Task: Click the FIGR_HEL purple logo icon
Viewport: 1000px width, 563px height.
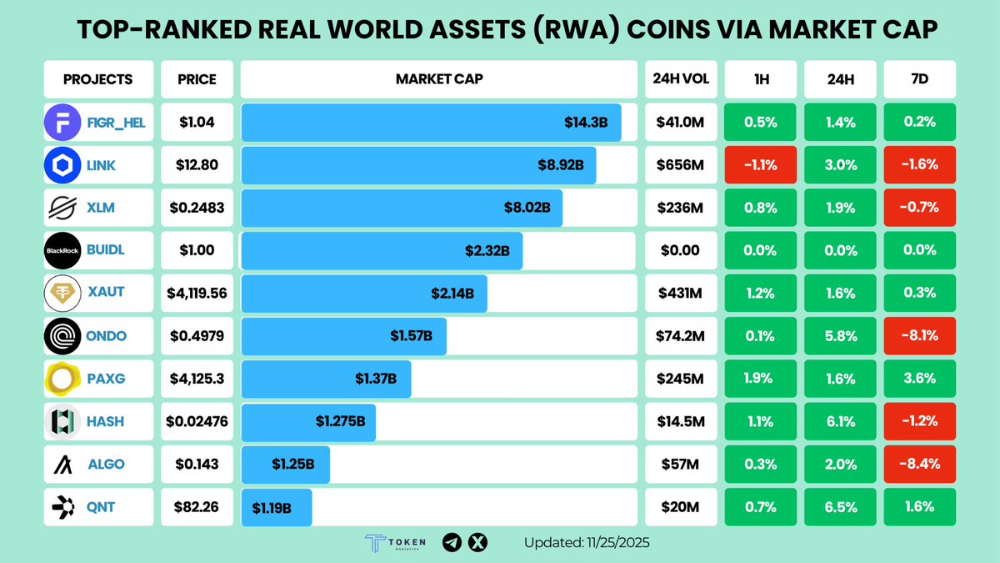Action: pos(62,123)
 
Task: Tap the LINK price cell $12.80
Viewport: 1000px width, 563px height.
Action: pos(197,165)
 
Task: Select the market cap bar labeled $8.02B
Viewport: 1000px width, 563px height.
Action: pos(402,209)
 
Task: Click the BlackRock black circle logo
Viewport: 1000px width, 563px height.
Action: pos(62,251)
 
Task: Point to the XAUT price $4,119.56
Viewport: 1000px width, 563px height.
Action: pos(197,294)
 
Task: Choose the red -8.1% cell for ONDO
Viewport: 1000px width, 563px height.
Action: pos(920,336)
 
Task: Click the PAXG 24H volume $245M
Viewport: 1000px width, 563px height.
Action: pos(680,379)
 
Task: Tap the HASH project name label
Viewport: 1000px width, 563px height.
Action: pos(106,422)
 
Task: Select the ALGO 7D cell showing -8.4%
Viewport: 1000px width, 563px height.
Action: pos(920,464)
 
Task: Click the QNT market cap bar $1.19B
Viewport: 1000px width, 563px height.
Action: pos(277,507)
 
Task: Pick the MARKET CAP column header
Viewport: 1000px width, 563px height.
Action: pos(438,80)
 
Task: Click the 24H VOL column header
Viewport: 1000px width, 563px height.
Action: pos(680,80)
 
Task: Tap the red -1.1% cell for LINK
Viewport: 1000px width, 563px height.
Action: pos(760,165)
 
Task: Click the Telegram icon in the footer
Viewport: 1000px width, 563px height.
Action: pos(451,543)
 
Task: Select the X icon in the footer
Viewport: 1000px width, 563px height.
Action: pos(477,543)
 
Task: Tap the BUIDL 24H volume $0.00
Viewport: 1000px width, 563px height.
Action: pos(680,251)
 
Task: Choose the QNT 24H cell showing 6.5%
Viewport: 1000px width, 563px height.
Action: pos(840,507)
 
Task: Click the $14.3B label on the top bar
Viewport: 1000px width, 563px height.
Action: pos(586,123)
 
